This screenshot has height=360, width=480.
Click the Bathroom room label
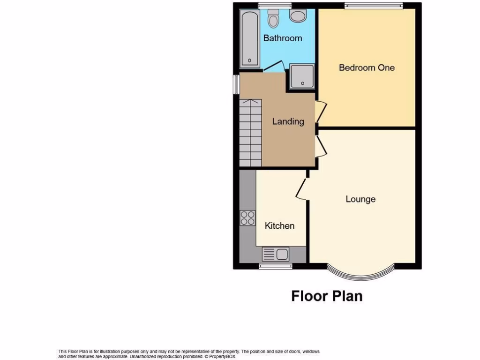[282, 38]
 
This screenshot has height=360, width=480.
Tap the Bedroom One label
[367, 67]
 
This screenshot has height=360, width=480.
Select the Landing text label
[288, 121]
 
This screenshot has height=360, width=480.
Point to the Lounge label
[360, 199]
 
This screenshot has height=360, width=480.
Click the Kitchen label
[280, 226]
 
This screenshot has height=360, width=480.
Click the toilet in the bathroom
[273, 19]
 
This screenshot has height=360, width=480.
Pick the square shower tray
[302, 76]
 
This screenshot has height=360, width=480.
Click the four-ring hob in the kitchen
[247, 218]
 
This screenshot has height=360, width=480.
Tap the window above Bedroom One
[374, 6]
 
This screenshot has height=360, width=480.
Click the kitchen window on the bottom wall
[275, 266]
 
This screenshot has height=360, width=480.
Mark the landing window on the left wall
[237, 85]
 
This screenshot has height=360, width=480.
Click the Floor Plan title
[327, 296]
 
